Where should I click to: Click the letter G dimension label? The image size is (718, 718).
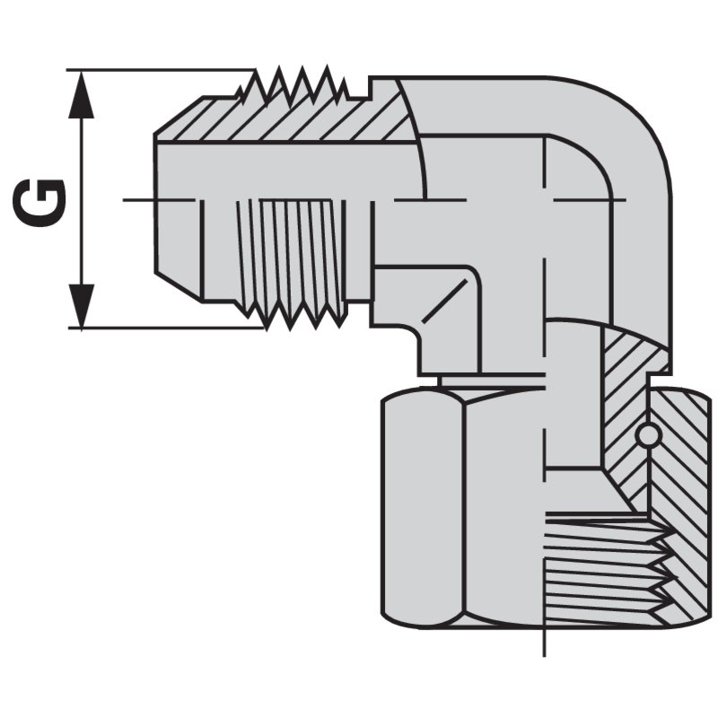tap(39, 202)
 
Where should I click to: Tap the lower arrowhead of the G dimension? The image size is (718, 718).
tap(81, 305)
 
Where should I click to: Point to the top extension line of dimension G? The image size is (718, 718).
tap(161, 70)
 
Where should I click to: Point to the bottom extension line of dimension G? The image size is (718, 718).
tap(167, 328)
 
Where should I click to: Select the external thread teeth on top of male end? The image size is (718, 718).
tap(293, 83)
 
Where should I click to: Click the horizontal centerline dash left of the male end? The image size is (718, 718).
tap(159, 199)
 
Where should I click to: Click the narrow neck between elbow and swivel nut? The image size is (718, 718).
tap(491, 380)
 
